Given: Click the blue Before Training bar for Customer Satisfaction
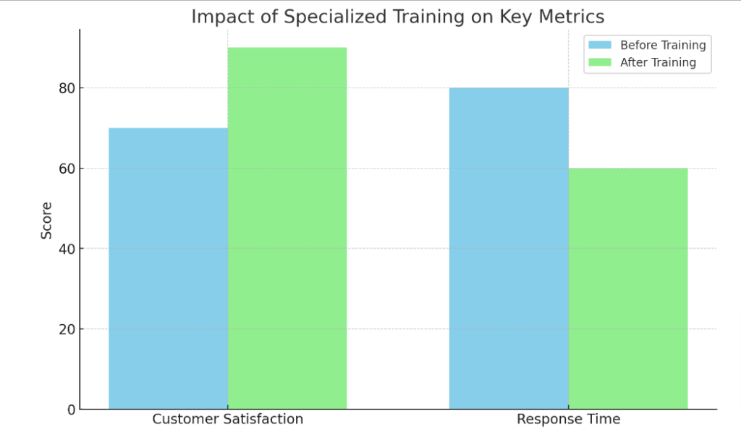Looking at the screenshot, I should [x=168, y=268].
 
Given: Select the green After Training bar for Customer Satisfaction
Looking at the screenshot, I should [x=287, y=228].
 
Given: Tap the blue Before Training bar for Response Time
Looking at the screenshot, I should [x=509, y=248].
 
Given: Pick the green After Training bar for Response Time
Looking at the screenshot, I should [x=628, y=289].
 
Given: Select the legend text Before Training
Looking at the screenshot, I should [x=663, y=45].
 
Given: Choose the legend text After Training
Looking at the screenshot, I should [x=658, y=62].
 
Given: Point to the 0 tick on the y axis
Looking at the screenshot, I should [x=71, y=410].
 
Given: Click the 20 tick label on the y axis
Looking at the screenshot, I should [x=67, y=329].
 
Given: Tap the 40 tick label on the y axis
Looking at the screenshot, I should [x=67, y=249].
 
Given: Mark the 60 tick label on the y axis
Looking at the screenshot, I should [x=67, y=169].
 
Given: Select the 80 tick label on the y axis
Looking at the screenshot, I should [x=67, y=88].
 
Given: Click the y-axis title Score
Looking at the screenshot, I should [x=46, y=220].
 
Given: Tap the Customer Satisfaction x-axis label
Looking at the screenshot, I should [x=227, y=420].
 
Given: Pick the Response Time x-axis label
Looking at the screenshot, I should [x=568, y=420].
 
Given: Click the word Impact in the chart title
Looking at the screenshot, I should [x=217, y=17].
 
